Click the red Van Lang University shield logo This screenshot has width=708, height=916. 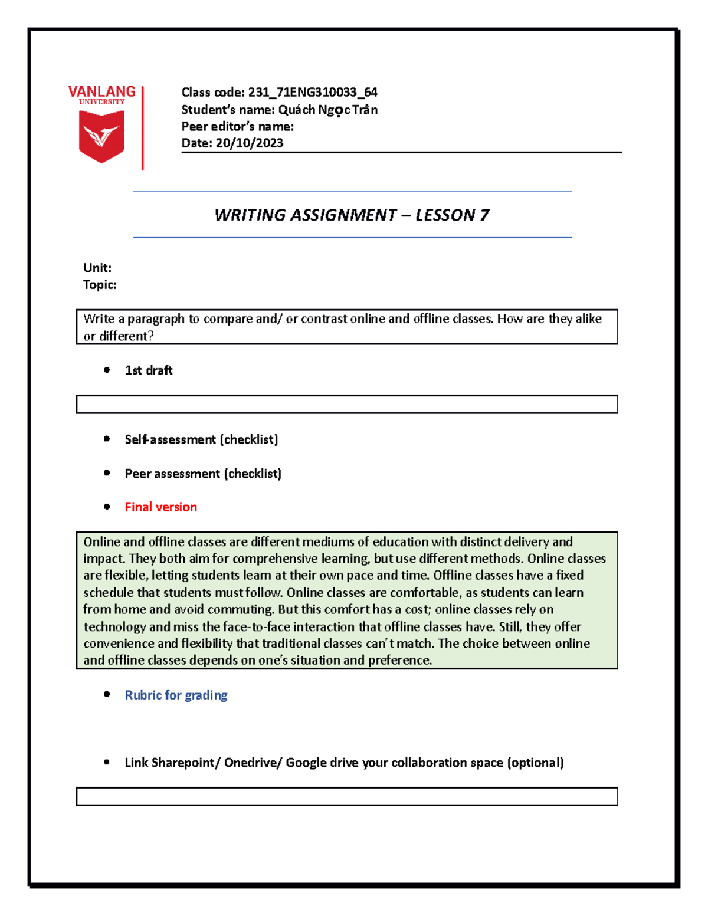click(x=101, y=136)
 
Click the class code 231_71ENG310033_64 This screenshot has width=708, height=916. click(x=312, y=92)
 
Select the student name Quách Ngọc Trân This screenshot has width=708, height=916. click(x=327, y=110)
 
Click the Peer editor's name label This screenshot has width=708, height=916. click(x=237, y=126)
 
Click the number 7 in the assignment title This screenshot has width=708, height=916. click(x=484, y=215)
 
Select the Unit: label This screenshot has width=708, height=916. click(x=97, y=268)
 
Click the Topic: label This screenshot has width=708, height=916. click(x=100, y=285)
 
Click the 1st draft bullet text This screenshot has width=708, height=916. click(x=149, y=370)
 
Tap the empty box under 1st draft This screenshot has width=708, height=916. click(x=346, y=405)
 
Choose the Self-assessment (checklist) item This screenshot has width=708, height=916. click(x=201, y=439)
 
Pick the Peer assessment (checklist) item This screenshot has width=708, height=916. click(x=203, y=474)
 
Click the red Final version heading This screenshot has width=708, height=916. click(x=160, y=507)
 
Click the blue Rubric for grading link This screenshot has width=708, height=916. click(x=176, y=695)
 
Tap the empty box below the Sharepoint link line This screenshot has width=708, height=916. click(x=346, y=796)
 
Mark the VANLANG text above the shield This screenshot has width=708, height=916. click(x=101, y=91)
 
